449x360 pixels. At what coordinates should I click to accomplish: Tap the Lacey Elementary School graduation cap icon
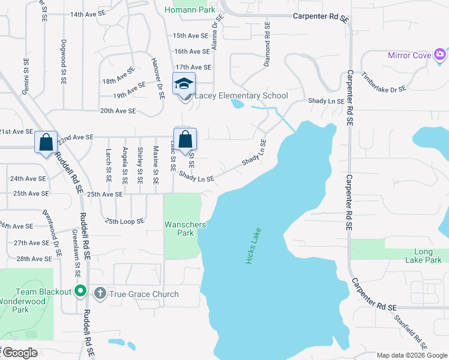pyautogui.click(x=184, y=83)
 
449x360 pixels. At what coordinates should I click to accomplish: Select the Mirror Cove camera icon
pyautogui.click(x=440, y=55)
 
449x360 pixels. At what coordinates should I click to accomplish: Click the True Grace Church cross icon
pyautogui.click(x=100, y=293)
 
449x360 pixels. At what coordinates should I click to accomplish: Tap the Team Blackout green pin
pyautogui.click(x=82, y=292)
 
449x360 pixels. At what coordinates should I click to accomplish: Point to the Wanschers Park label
pyautogui.click(x=185, y=229)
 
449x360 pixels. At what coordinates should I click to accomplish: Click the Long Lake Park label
pyautogui.click(x=427, y=256)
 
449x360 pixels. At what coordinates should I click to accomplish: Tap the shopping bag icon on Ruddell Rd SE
pyautogui.click(x=46, y=142)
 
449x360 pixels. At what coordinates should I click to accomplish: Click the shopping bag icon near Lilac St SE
pyautogui.click(x=185, y=139)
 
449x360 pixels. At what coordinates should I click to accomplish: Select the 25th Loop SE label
pyautogui.click(x=125, y=221)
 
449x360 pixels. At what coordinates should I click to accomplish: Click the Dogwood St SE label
pyautogui.click(x=63, y=58)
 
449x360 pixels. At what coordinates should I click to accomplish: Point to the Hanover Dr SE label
pyautogui.click(x=157, y=78)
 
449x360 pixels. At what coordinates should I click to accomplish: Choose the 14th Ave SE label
pyautogui.click(x=87, y=14)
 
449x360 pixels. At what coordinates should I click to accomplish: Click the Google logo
pyautogui.click(x=19, y=353)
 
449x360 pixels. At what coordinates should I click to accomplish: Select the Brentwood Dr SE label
pyautogui.click(x=52, y=233)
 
